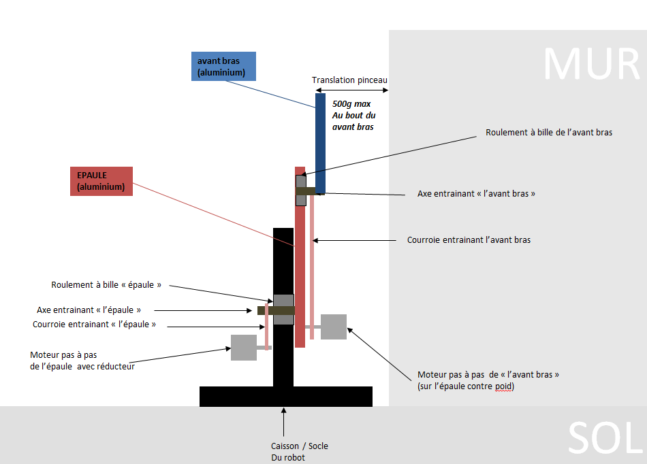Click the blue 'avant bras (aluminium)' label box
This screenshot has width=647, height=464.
point(223,67)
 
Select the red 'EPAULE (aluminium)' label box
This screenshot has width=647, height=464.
point(101,181)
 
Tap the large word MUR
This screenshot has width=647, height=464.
point(590,64)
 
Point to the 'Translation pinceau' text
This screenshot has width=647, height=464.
point(349,80)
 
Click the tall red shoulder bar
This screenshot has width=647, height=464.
point(300,259)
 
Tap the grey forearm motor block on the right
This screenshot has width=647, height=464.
point(334,327)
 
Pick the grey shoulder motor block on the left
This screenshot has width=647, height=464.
point(244,347)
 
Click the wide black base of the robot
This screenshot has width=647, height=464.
point(286,396)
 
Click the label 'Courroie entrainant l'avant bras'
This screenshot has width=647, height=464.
point(469,240)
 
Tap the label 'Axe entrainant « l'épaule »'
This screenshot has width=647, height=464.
point(89,310)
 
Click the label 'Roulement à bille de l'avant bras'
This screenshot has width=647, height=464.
point(549,133)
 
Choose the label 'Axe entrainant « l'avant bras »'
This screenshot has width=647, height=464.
point(476,194)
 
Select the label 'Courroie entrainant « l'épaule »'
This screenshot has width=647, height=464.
point(94,325)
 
